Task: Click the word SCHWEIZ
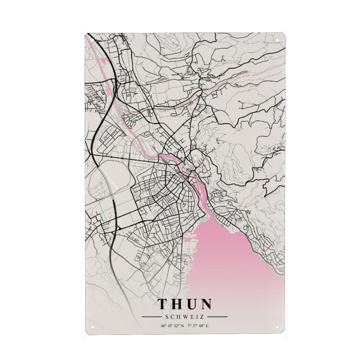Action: (x=185, y=317)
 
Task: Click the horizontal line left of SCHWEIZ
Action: (x=151, y=317)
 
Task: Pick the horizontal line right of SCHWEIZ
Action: (x=217, y=317)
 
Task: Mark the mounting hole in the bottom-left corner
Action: (x=91, y=327)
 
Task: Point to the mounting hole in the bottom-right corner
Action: (x=279, y=327)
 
